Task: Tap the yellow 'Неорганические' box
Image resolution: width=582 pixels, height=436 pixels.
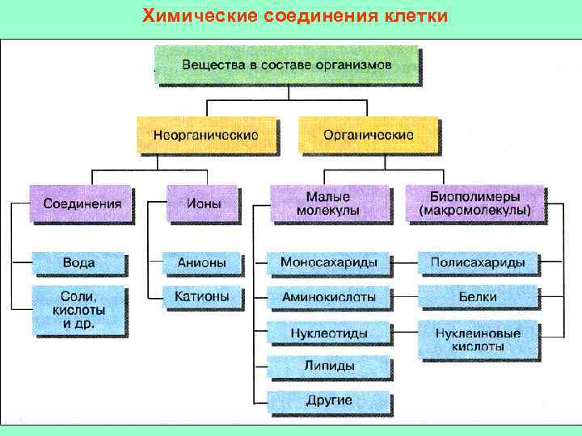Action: coord(205,135)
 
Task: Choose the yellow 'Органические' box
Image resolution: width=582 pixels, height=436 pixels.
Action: coord(369,135)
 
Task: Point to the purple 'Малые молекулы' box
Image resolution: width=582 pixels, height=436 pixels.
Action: coord(328,203)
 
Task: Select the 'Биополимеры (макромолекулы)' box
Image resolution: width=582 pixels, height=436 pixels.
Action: coord(475,203)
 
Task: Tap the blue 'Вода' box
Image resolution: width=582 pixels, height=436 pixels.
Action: coord(79,263)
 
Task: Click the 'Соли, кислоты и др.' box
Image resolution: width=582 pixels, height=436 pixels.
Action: coord(78,310)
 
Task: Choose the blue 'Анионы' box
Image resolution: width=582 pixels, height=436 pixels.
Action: coord(202,263)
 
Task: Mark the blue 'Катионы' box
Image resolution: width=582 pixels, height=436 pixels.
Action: coord(202,296)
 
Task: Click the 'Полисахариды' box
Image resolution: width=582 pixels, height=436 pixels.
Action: coord(478,263)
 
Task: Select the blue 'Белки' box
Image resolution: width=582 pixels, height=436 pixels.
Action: coord(478,297)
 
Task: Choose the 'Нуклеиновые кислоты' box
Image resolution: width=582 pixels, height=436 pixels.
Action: coord(478,339)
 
